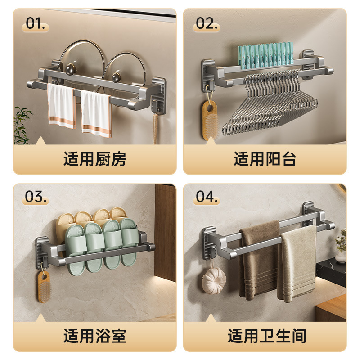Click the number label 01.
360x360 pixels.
36,23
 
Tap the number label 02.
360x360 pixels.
207,23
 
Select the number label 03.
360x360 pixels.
36,197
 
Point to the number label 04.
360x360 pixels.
207,197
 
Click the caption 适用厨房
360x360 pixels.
95,159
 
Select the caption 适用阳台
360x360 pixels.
265,159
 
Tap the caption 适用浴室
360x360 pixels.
95,336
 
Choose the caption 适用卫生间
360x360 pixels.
267,336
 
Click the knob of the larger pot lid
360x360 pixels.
70,69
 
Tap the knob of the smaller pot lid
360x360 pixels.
117,77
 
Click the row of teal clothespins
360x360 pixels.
265,55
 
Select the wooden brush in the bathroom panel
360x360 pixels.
44,287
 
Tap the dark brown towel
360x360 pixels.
258,260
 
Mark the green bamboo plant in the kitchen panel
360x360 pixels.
22,125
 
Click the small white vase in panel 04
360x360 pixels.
340,257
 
